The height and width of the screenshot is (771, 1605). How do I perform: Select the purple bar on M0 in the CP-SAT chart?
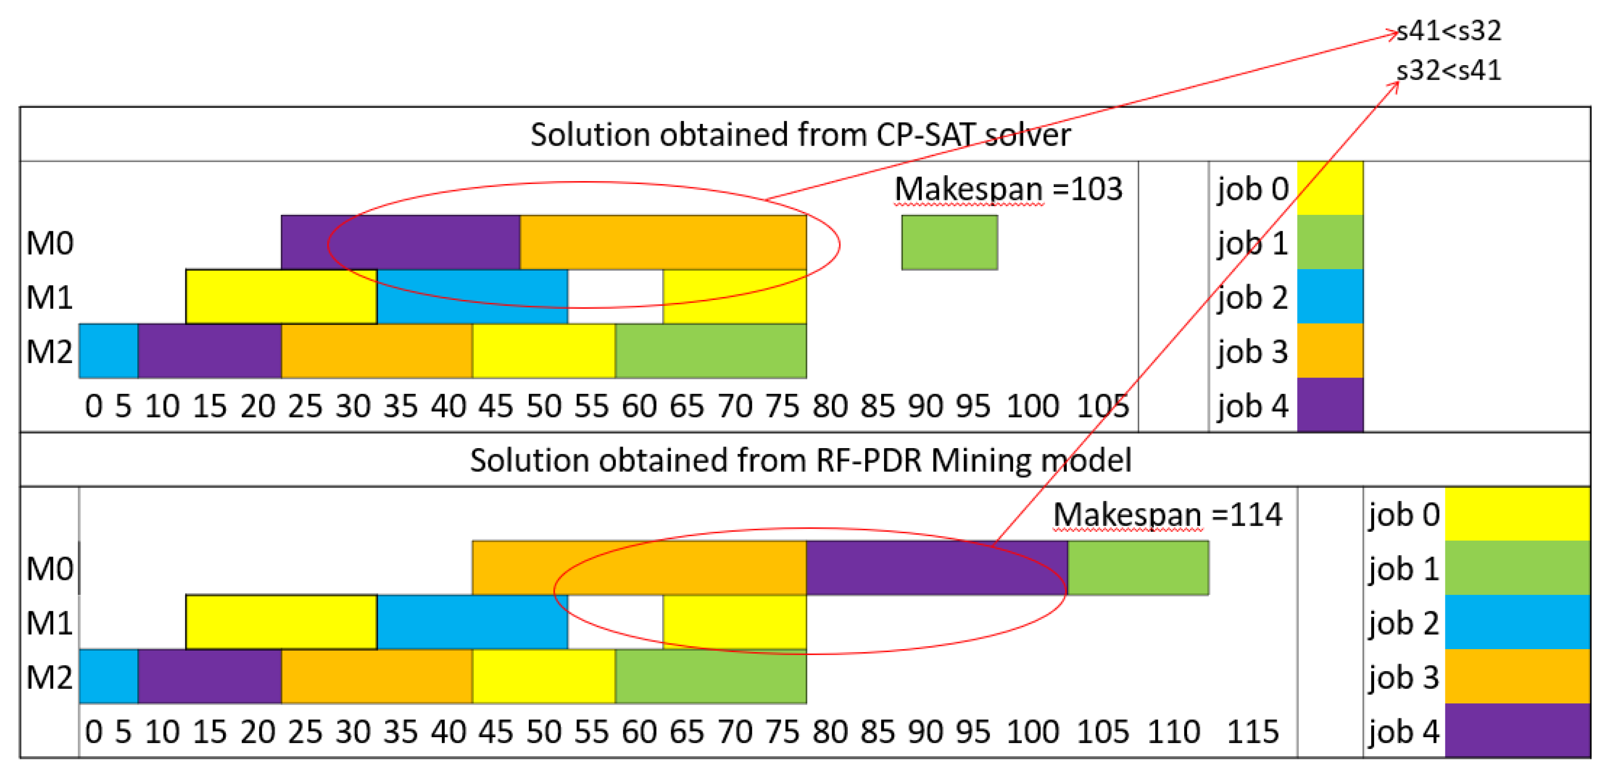point(400,242)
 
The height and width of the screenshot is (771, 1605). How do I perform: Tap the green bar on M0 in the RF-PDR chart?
point(1138,568)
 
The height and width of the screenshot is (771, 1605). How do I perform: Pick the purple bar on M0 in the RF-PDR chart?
point(936,568)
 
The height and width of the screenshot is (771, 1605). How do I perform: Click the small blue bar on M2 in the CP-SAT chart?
point(108,351)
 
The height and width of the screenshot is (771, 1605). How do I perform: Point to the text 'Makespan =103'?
point(1008,189)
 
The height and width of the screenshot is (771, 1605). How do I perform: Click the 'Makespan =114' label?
point(1167,515)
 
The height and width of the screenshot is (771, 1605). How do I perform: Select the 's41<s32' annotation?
point(1449,30)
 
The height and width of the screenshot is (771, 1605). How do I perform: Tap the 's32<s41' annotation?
point(1449,70)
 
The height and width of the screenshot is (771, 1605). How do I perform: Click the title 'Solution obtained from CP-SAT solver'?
point(800,134)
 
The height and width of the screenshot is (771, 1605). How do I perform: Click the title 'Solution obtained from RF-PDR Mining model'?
point(800,460)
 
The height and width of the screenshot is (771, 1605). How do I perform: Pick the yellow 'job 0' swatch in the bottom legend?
point(1516,514)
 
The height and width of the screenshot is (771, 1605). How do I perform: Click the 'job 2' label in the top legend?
point(1252,297)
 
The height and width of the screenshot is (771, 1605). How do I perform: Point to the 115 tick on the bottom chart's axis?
point(1252,732)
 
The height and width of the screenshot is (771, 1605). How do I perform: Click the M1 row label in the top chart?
point(50,297)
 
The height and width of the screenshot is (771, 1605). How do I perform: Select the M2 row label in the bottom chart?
point(50,677)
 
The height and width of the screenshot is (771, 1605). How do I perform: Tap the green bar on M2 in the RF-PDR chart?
point(710,676)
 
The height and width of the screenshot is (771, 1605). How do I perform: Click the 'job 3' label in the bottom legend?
point(1403,677)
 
